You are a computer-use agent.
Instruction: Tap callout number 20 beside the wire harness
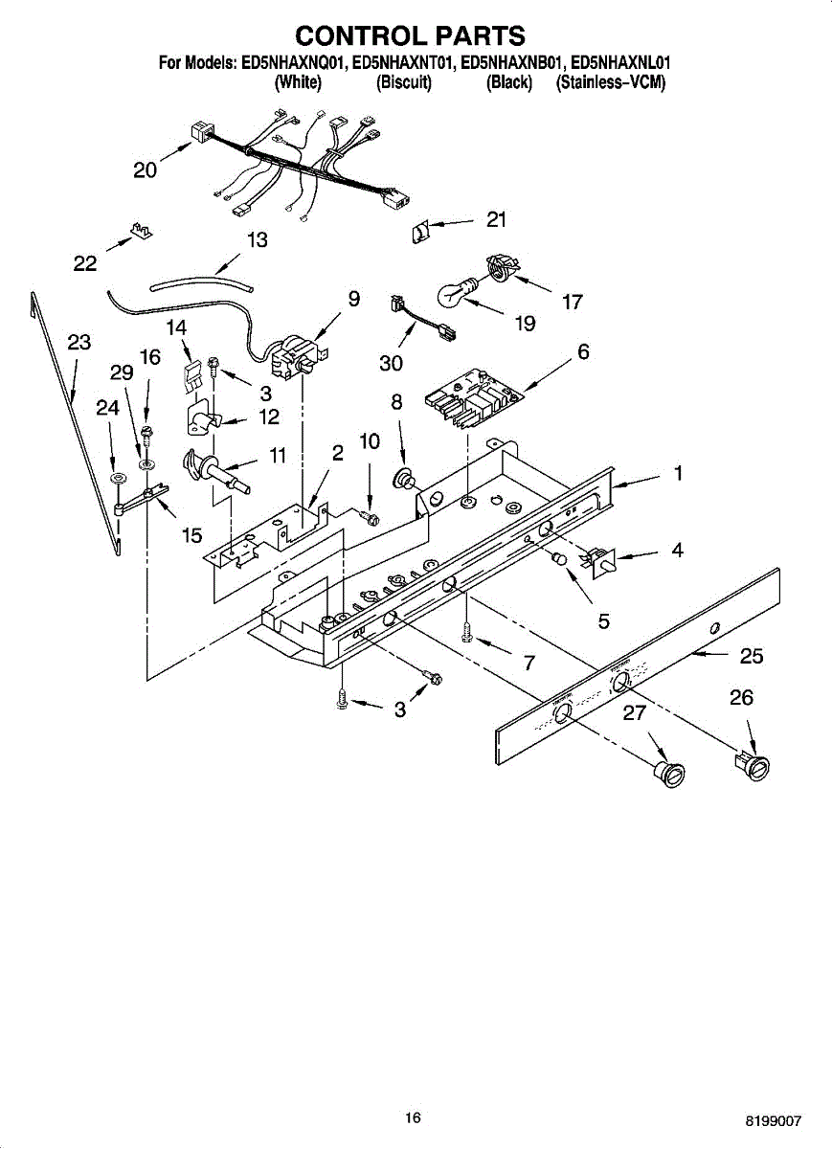(x=146, y=170)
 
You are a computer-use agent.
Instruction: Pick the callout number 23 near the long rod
(x=79, y=342)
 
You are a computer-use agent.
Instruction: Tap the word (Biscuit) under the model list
(x=404, y=82)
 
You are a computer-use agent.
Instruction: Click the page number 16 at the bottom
(x=413, y=1116)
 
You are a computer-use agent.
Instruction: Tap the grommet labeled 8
(x=406, y=476)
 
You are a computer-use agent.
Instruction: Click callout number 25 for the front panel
(x=752, y=656)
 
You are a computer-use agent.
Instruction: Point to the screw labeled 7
(x=467, y=632)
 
